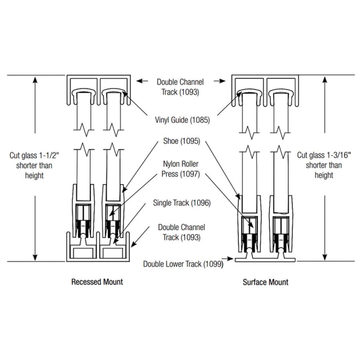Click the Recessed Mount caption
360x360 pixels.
click(97, 282)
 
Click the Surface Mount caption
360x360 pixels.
click(266, 282)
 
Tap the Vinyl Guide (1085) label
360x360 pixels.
click(182, 120)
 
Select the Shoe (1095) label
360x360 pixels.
click(182, 141)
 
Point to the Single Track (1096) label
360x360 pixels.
click(182, 203)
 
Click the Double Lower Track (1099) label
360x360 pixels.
click(183, 264)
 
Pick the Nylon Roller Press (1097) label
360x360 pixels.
click(181, 169)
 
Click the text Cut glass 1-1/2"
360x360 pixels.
click(34, 156)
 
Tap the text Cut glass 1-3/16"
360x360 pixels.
click(324, 155)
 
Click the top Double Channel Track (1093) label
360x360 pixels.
click(180, 87)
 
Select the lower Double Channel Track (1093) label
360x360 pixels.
click(182, 232)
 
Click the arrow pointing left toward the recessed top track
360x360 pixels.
click(142, 81)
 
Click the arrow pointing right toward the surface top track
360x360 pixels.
click(220, 81)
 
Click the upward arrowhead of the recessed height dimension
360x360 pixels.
click(35, 80)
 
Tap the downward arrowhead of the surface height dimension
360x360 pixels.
click(325, 257)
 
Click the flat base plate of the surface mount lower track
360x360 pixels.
click(265, 260)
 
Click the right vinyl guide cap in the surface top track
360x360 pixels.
click(280, 93)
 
